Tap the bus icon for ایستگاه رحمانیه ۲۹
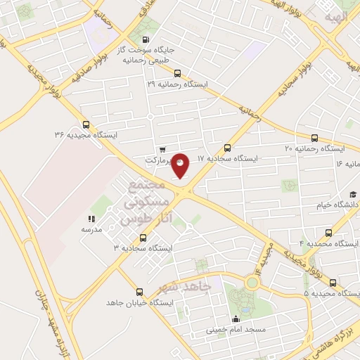pos(176,72)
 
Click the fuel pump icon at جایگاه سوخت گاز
pos(146,39)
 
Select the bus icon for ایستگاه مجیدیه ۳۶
pos(86,123)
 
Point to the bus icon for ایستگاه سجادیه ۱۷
pos(227,148)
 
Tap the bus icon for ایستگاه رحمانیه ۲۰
pos(314,138)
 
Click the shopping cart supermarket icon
pos(163,149)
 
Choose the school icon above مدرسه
pos(91,219)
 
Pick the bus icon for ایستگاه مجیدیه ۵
pos(333,282)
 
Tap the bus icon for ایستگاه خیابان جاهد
pos(139,292)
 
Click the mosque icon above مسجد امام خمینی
pos(235,319)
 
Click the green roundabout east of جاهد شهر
pos(251,283)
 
